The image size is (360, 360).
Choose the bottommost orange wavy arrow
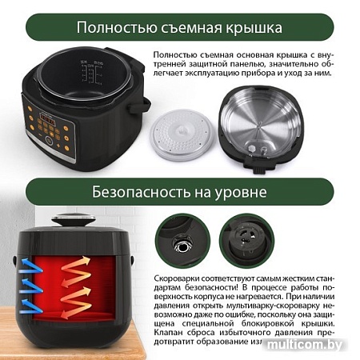point(80,305)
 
